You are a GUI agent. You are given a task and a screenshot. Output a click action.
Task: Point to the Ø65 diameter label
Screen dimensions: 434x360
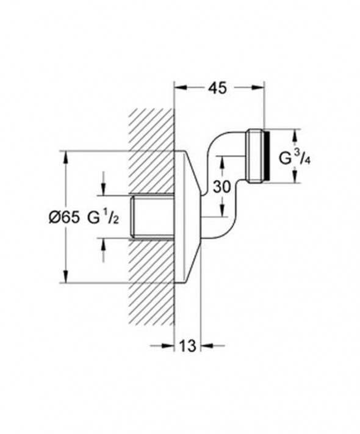63,217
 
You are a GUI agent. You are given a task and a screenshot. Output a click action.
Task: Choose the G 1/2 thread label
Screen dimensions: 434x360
104,217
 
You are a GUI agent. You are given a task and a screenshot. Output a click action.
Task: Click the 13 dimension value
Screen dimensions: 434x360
188,346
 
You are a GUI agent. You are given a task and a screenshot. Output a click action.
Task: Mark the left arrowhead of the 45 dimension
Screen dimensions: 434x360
179,87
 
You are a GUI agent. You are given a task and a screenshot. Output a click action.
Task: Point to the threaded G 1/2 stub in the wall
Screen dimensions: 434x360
153,217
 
